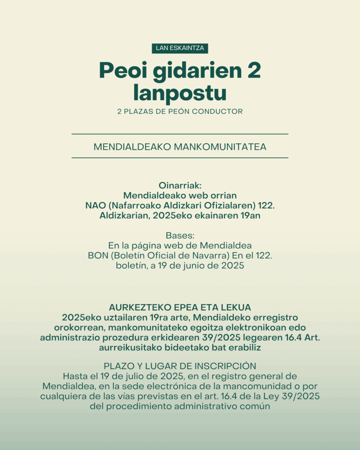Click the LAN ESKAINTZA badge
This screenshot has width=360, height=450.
(180, 48)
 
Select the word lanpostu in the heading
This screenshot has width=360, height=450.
(180, 93)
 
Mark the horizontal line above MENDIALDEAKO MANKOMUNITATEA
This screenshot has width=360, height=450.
(180, 134)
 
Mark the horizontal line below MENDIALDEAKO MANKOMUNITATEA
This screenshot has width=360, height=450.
(180, 157)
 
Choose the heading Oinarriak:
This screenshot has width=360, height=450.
(180, 185)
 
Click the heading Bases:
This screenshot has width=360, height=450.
(180, 236)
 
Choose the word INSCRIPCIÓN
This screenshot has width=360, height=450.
(228, 366)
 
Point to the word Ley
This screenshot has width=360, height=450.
(278, 396)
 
